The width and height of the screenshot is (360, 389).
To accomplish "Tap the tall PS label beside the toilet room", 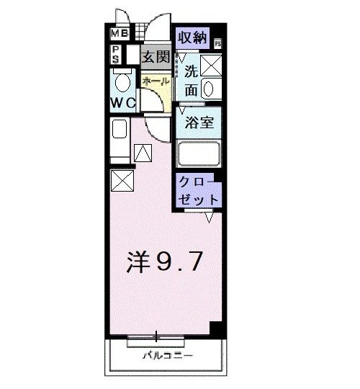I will pos(115,55).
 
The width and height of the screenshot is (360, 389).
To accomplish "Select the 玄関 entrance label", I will pos(153,56).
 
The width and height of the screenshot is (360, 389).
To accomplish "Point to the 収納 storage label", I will pos(193,37).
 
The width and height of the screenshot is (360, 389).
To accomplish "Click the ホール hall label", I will pos(156,81).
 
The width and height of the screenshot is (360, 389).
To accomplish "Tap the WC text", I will pos(122,102).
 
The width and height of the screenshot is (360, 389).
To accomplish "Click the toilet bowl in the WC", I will pos(121,79).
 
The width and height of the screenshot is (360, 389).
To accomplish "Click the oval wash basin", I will pos(210,89).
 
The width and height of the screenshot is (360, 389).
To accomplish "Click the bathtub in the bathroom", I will pos(199,154).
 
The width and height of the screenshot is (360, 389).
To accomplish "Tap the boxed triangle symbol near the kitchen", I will pos(143,153).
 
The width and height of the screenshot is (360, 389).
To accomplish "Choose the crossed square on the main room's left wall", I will pos(121,180).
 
